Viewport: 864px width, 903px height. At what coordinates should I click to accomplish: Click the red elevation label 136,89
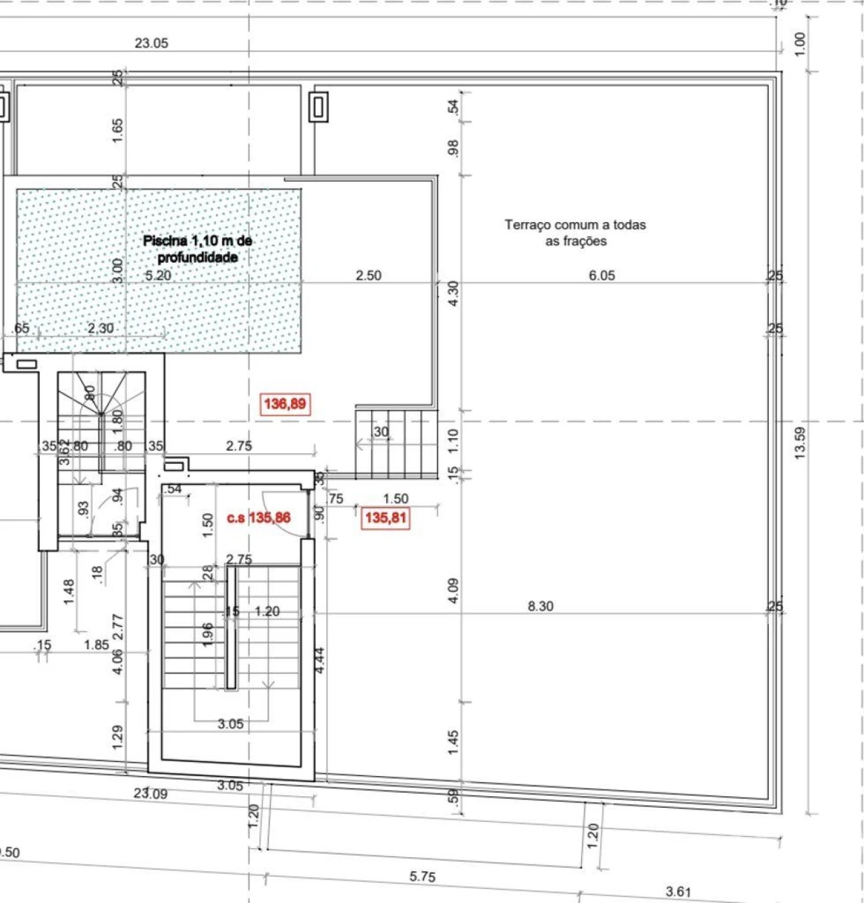(284, 404)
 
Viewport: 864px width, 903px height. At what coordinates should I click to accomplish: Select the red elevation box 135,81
(385, 518)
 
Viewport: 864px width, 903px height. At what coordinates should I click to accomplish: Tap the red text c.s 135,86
(259, 518)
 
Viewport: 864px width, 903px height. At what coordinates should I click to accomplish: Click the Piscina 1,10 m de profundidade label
(197, 249)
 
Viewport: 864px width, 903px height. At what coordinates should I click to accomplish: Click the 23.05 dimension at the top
(151, 43)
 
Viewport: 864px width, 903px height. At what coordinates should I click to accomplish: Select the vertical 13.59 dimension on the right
(800, 443)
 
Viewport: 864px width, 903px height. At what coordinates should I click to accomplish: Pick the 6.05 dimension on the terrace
(601, 275)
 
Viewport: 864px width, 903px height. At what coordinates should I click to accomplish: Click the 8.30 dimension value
(540, 606)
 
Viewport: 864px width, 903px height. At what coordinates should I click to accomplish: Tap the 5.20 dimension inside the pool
(158, 275)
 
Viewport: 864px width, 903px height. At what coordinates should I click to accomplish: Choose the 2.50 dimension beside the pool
(369, 275)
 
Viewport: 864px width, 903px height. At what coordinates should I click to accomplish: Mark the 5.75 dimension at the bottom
(423, 877)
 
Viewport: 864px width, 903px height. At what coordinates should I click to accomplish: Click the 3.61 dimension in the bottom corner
(678, 892)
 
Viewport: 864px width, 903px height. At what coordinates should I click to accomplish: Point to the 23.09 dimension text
(151, 793)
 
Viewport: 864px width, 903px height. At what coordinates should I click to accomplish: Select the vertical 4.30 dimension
(454, 293)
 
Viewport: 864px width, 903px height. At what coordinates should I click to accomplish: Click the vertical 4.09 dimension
(454, 590)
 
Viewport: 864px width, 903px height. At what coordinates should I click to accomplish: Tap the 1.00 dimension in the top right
(800, 44)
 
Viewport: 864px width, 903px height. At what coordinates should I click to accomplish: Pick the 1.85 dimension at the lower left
(97, 644)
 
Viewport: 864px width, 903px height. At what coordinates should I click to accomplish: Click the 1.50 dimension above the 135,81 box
(396, 498)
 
